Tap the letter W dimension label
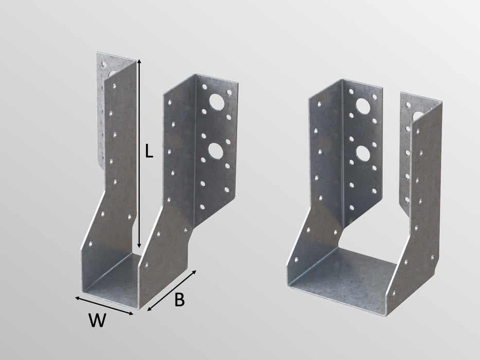click(x=97, y=321)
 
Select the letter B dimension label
click(x=179, y=300)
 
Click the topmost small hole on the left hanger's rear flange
click(x=104, y=65)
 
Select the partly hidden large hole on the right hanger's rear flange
click(x=418, y=116)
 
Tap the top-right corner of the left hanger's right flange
click(x=238, y=81)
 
